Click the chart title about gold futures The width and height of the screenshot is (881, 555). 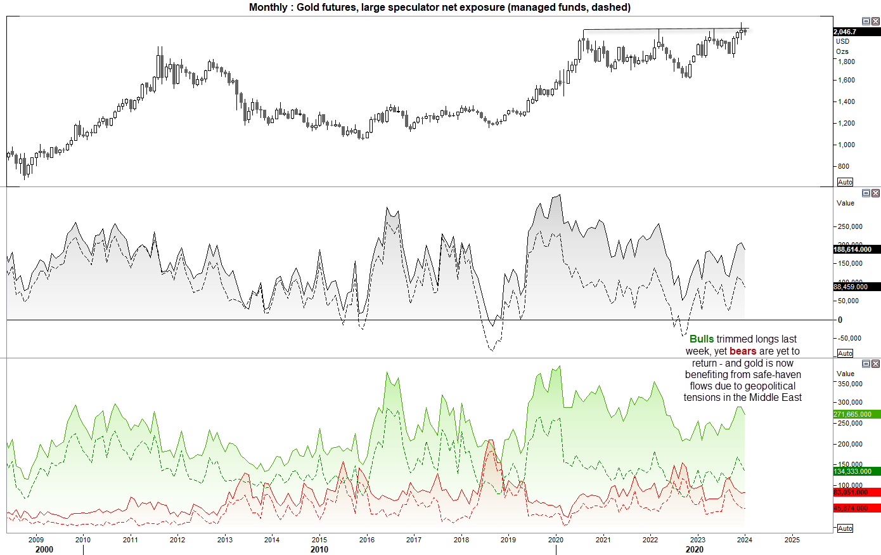(x=439, y=8)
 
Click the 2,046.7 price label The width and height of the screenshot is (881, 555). (x=846, y=32)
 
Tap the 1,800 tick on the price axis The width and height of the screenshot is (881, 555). (x=846, y=62)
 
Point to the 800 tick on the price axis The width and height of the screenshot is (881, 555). (x=844, y=166)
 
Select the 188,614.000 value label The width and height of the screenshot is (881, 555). (x=852, y=249)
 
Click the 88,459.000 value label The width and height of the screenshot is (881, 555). (x=851, y=287)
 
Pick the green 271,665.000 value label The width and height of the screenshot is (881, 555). (x=852, y=414)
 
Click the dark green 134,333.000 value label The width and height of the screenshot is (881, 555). (x=852, y=471)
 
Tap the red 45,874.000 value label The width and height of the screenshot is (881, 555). (x=851, y=508)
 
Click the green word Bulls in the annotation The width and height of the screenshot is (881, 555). (x=702, y=339)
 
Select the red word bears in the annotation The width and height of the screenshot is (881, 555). (x=743, y=351)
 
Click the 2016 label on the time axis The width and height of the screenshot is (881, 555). (x=367, y=540)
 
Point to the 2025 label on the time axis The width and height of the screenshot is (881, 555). (x=792, y=540)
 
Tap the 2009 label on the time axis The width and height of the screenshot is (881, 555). (x=36, y=540)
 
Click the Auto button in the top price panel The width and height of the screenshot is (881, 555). (x=845, y=182)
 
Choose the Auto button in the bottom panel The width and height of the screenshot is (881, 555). (x=845, y=528)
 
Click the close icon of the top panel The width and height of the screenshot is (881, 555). (x=876, y=22)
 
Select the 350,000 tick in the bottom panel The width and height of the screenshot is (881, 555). (x=850, y=384)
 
